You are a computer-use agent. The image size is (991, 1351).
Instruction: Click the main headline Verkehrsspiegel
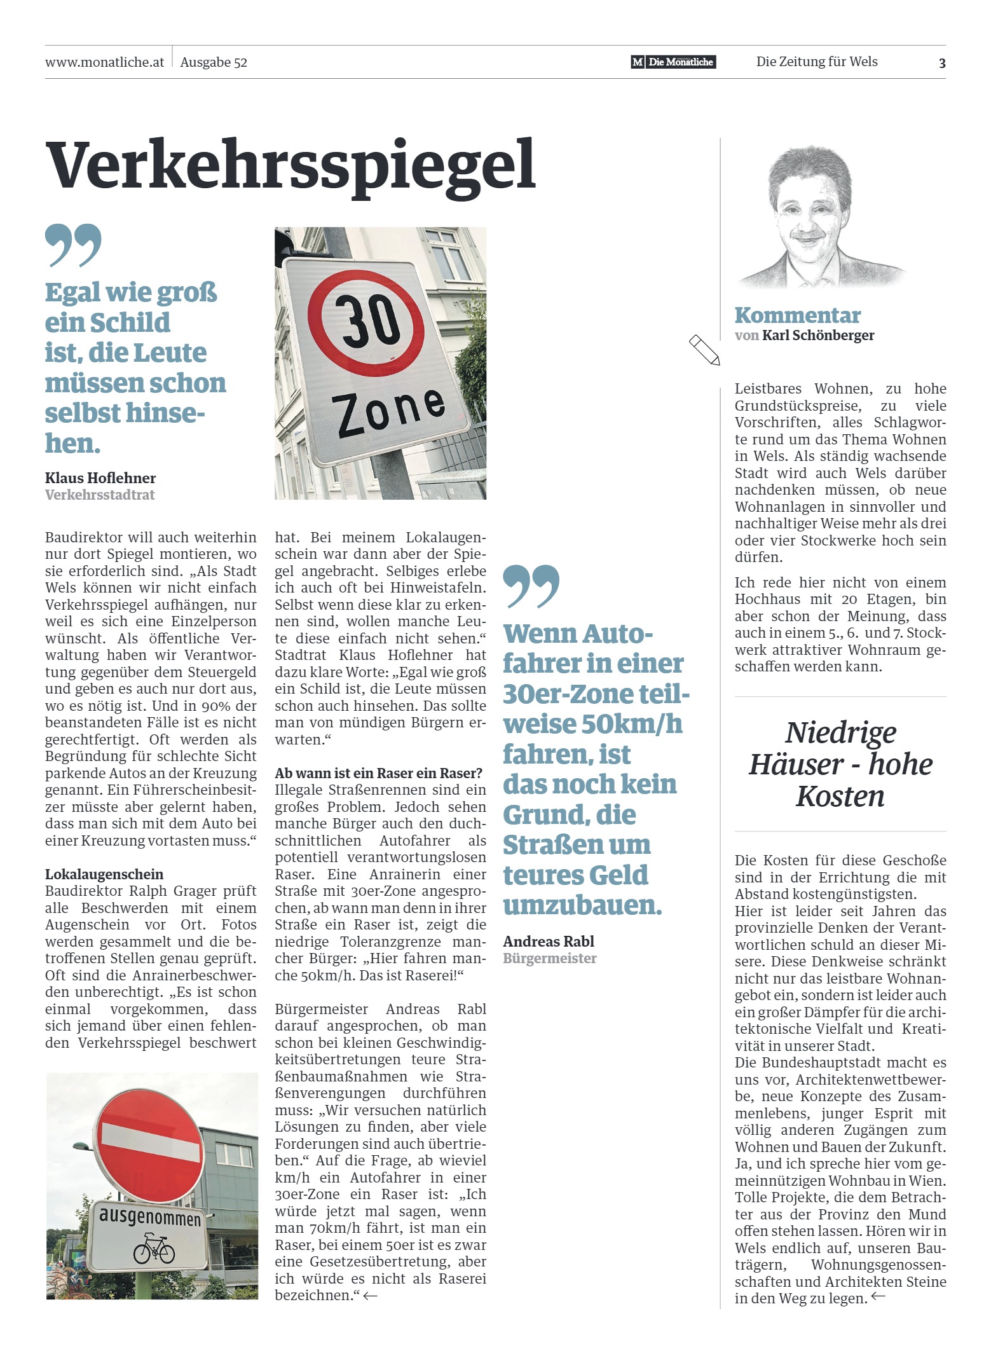tap(290, 165)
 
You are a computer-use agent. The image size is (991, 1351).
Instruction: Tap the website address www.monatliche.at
tap(104, 62)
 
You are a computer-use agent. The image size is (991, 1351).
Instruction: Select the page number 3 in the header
tap(941, 63)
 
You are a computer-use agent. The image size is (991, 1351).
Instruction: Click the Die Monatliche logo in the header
tap(673, 62)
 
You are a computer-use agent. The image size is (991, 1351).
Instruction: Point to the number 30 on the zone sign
tap(366, 319)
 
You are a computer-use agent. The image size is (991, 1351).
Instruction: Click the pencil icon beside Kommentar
tap(704, 350)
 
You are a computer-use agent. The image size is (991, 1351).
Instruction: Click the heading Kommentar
tap(797, 315)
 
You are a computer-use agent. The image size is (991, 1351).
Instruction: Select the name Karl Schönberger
tap(818, 336)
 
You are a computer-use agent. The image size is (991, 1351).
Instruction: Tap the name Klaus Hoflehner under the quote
tap(100, 478)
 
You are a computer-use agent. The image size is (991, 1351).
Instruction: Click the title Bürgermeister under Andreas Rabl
tap(549, 959)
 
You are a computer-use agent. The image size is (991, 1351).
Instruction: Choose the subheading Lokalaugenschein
tap(104, 874)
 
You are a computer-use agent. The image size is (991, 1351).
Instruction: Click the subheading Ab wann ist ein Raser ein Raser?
tap(378, 773)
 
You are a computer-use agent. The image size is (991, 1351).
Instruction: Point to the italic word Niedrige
tap(840, 732)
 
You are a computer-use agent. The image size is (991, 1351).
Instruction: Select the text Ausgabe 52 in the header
tap(214, 62)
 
